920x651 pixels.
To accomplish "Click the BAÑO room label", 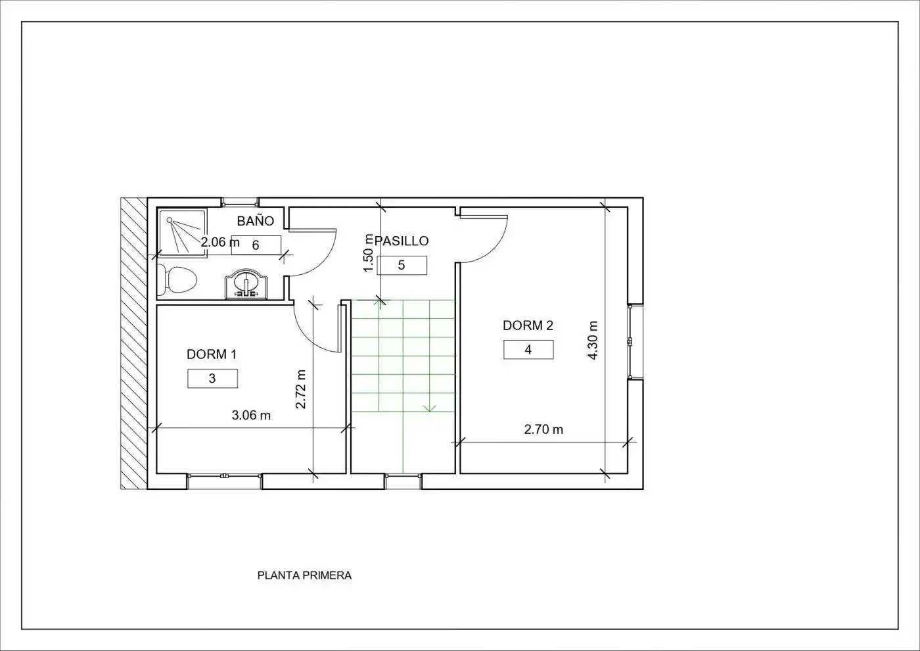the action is point(256,221).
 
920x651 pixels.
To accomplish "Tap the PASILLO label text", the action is point(402,241).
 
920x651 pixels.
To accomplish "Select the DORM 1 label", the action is point(212,354).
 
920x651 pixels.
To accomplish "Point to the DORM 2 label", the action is point(528,325).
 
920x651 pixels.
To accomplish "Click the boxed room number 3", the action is point(212,379).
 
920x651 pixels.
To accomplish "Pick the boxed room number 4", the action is point(528,350).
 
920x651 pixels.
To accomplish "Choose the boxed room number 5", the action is point(402,265).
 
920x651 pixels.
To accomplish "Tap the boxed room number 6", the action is point(256,245).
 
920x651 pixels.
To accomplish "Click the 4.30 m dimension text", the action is point(593,341).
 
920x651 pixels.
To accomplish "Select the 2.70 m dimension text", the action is point(543,429).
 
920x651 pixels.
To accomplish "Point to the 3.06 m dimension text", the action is point(251,416).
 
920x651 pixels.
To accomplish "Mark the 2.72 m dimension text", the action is point(301,389).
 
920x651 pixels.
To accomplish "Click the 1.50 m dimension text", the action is point(369,253).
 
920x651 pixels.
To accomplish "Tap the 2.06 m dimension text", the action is point(219,242).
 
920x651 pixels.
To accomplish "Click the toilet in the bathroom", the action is point(177,279).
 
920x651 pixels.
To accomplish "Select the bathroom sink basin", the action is point(246,283).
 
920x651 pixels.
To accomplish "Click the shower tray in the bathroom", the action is point(183,233).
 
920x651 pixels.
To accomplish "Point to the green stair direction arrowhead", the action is point(430,408).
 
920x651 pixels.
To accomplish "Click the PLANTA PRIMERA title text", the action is point(304,575).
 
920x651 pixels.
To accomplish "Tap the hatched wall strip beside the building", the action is point(134,343).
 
